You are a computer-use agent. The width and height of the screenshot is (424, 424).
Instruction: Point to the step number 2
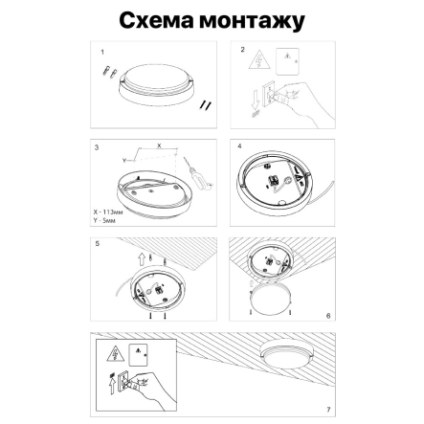point(243,49)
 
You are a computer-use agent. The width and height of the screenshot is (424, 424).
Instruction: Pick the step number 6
point(328,315)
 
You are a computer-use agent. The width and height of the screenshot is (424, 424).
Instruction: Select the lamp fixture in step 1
point(153,81)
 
